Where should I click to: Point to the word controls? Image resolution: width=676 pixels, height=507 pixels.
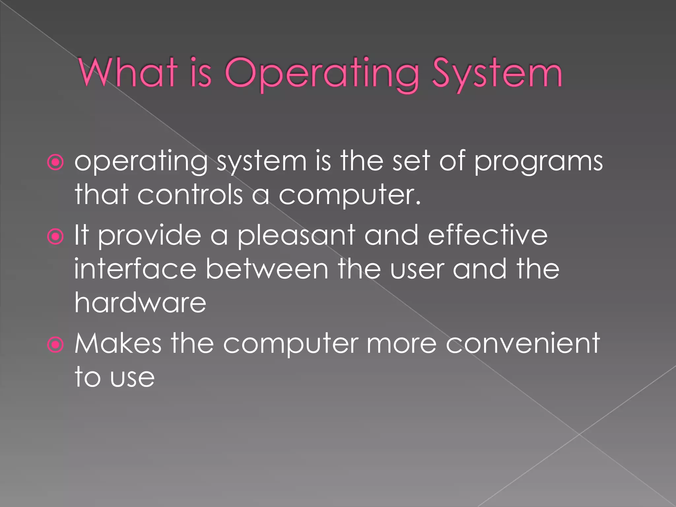[x=190, y=194]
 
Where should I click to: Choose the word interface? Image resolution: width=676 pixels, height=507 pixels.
[x=135, y=269]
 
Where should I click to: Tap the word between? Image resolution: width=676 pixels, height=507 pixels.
[x=267, y=269]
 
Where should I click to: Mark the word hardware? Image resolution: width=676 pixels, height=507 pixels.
[x=140, y=302]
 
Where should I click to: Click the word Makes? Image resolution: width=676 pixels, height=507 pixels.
[x=118, y=343]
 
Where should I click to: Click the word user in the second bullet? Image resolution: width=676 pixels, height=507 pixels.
[x=417, y=269]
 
